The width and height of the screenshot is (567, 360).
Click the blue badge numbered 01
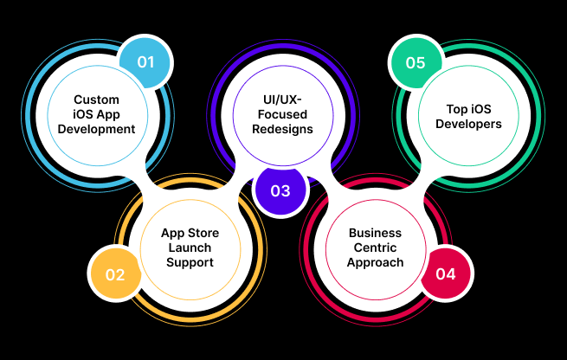coord(145,62)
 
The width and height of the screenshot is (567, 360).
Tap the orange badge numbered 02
coord(115,274)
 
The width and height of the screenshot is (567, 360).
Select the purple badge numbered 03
coord(280,190)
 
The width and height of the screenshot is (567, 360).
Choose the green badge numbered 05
coord(416,62)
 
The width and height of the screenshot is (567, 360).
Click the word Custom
coord(97,100)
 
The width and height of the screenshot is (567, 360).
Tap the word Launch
coord(190,247)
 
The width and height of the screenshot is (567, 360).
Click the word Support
coord(190,262)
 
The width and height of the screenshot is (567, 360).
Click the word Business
coord(375,233)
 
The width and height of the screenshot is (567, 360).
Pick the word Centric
coord(375,247)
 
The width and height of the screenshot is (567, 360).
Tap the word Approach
coord(375,262)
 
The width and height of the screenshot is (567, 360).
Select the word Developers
coord(468,124)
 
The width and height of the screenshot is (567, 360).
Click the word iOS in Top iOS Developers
coord(481,109)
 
